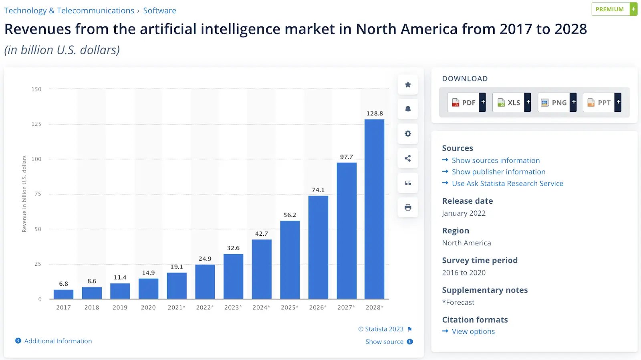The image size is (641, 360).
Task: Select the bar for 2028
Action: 374,208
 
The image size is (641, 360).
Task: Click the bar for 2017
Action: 63,294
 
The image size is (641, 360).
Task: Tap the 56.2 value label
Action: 290,215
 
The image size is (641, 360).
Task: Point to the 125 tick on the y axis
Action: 36,124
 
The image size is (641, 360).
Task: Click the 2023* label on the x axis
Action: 233,307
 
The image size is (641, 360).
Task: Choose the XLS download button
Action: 509,102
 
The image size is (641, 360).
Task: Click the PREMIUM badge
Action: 610,9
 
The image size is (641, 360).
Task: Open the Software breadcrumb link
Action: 159,10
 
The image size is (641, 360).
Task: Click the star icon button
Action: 408,85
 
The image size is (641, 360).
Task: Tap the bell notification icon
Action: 408,109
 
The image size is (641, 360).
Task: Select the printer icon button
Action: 408,207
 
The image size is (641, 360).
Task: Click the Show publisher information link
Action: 498,172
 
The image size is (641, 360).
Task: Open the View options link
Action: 473,332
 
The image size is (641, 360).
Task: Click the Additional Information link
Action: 58,341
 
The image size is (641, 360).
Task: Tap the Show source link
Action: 384,342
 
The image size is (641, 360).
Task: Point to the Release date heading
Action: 467,201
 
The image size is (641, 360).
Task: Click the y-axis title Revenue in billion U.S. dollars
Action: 24,194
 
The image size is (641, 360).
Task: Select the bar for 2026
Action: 318,247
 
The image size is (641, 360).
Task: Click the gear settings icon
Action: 408,133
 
